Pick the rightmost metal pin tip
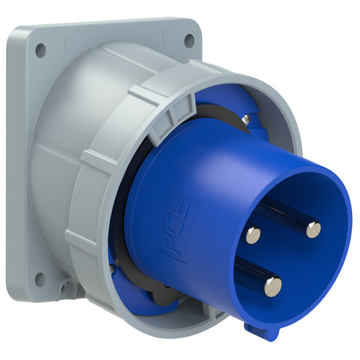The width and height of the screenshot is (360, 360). click(313, 228)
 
